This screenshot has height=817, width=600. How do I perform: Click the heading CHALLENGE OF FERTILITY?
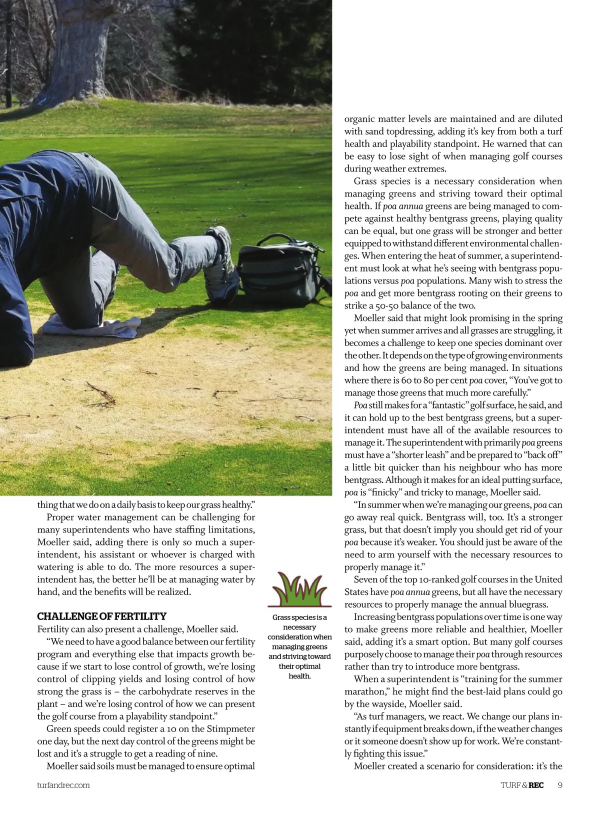click(102, 616)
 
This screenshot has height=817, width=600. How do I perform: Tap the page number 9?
click(559, 785)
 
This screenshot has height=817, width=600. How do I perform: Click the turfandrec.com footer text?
click(63, 785)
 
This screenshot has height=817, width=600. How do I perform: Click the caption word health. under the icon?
click(299, 676)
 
